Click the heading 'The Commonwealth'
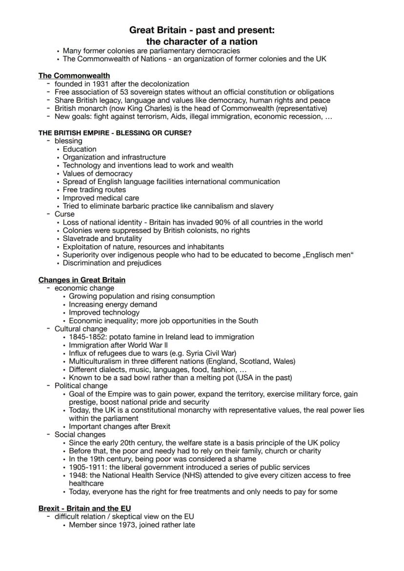coord(74,76)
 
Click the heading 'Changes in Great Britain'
coord(82,280)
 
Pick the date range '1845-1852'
coord(86,337)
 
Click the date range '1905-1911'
coord(86,467)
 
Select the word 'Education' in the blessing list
coord(80,149)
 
